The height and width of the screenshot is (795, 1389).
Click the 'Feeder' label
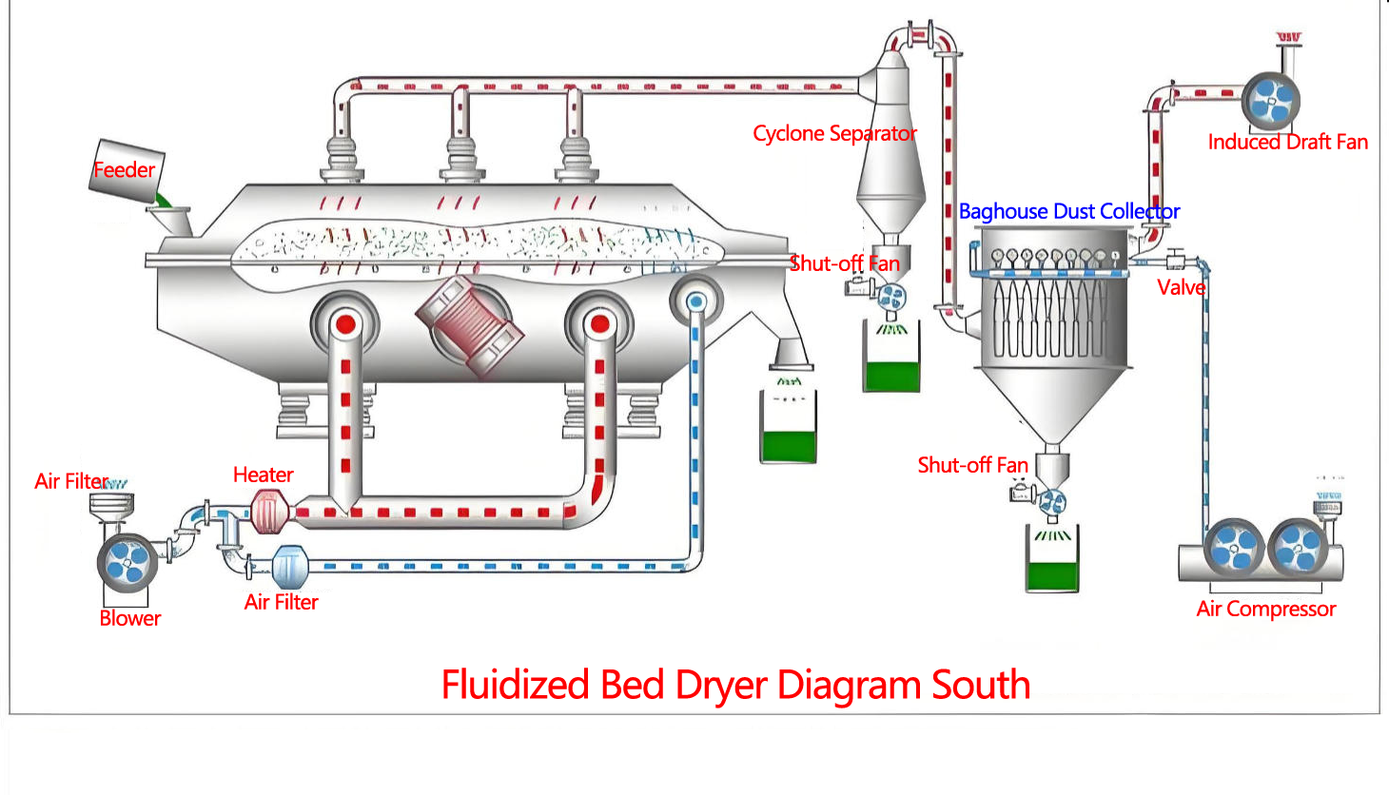coord(124,170)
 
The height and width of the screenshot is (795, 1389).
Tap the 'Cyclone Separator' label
coord(834,134)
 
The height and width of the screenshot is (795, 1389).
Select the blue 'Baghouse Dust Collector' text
coord(1068,211)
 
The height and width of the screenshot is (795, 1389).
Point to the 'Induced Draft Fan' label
coord(1287,143)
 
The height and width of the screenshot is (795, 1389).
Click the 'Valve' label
coord(1181,287)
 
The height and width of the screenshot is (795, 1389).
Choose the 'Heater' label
coord(263,475)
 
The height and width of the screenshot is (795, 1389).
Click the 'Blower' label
coord(129,618)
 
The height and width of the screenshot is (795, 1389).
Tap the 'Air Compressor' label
coord(1265,609)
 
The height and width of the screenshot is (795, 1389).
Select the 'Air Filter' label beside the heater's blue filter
coord(281,602)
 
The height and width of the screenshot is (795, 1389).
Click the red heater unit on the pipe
coord(269,513)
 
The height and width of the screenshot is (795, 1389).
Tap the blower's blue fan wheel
coord(127,562)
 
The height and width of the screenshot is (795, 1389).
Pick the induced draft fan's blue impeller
coord(1270,101)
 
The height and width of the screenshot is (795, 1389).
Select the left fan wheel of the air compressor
coord(1235,549)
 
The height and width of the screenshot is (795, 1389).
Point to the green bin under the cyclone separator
coord(891,374)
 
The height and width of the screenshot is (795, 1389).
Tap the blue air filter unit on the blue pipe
coord(290,567)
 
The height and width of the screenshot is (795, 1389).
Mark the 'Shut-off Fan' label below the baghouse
coord(972,465)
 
